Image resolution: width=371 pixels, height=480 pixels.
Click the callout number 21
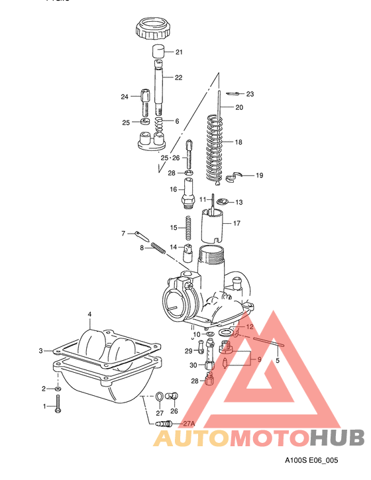(x=179, y=52)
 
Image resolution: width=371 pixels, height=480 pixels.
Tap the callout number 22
(x=179, y=78)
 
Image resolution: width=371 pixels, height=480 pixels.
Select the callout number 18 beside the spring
(x=239, y=142)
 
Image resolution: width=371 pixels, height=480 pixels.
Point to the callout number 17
(x=236, y=224)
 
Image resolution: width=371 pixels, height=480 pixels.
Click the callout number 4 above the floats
(x=90, y=314)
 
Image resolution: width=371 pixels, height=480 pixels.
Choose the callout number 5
(x=278, y=361)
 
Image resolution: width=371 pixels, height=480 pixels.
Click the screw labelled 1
(x=59, y=405)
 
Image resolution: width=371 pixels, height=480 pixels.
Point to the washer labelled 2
(x=59, y=388)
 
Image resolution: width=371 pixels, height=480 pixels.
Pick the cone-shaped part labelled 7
(x=140, y=235)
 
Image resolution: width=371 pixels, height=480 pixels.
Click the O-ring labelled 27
(x=160, y=397)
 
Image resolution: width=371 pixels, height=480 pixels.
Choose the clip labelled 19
(x=233, y=176)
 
